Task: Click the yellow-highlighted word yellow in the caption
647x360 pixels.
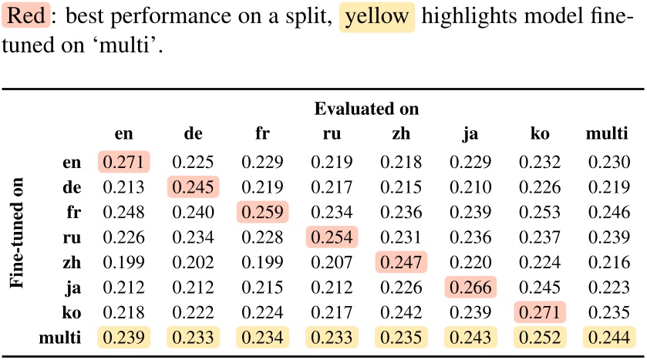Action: coord(376,17)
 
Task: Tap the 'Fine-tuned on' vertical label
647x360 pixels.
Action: coord(17,242)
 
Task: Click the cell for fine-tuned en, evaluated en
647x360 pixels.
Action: coord(123,162)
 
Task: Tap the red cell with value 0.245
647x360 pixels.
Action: coord(193,187)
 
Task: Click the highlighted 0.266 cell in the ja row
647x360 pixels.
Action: coord(470,288)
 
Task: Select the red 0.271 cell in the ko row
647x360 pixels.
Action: coord(540,312)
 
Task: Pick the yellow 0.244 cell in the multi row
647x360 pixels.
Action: coord(608,338)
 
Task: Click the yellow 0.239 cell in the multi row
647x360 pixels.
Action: coord(123,338)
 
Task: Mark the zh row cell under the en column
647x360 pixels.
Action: coord(123,262)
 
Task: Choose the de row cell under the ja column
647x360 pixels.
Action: coord(470,187)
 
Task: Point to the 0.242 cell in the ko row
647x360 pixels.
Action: coord(401,312)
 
